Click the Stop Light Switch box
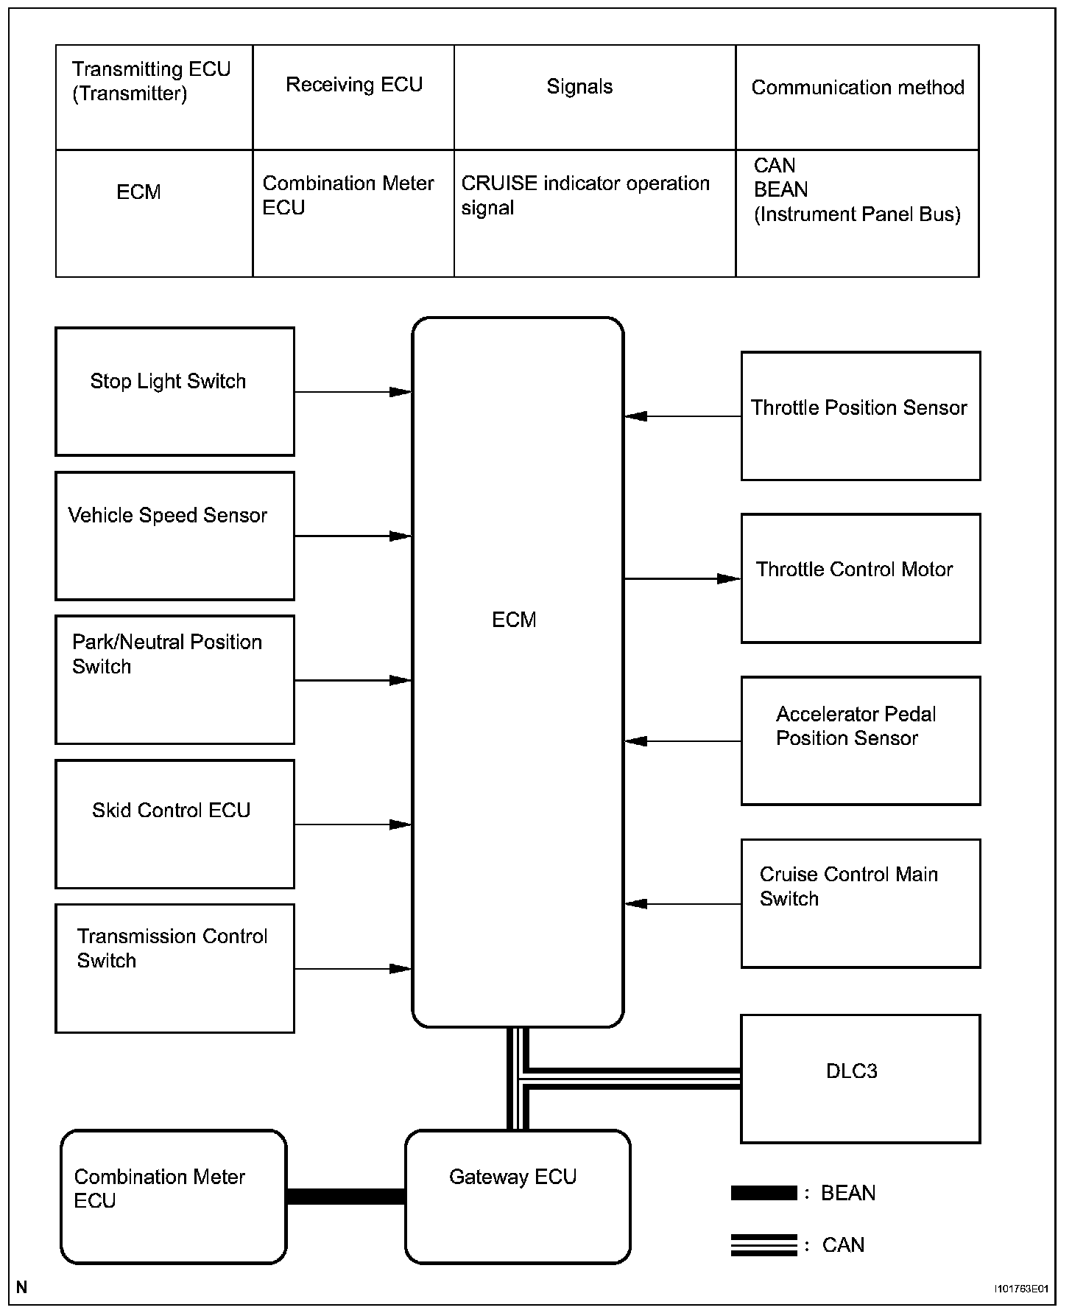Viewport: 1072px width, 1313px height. tap(174, 391)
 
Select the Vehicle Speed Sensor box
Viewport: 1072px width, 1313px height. tap(174, 536)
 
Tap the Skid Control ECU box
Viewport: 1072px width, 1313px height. tap(174, 824)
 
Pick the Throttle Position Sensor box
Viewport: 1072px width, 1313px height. tap(860, 416)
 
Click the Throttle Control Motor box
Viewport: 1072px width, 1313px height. tap(860, 578)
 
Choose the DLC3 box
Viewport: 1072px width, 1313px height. tap(860, 1079)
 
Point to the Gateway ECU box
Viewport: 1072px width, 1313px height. tap(517, 1197)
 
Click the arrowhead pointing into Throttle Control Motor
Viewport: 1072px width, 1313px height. tap(728, 579)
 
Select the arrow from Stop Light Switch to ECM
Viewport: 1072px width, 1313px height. tap(352, 392)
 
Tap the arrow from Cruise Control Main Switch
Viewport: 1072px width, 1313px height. tap(683, 904)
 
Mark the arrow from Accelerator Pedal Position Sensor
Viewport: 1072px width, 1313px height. tap(683, 741)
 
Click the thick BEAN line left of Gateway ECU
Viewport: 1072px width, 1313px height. tap(345, 1197)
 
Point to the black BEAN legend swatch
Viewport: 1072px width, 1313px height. tap(764, 1193)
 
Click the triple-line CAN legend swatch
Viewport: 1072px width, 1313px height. tap(764, 1244)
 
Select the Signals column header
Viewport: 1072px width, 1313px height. tap(579, 87)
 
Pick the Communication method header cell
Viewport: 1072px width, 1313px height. tap(857, 88)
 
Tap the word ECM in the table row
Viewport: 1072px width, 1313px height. tap(138, 192)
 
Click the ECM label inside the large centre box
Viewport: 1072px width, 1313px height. tap(514, 620)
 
